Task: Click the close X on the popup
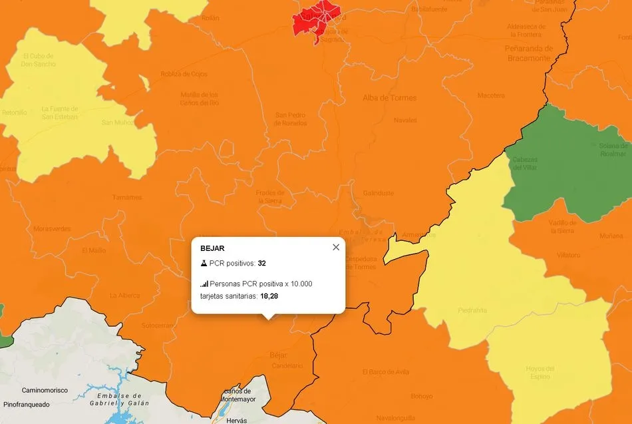click(336, 247)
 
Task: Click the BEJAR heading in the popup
click(212, 248)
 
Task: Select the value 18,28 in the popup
click(269, 296)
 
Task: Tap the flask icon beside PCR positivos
click(204, 264)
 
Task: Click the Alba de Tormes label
click(389, 98)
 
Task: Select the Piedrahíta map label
click(472, 310)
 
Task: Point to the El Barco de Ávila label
click(386, 371)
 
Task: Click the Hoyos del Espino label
click(540, 373)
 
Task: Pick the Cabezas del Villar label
click(525, 163)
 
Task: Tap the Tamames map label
click(127, 197)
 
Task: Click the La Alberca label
click(125, 296)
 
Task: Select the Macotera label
click(491, 96)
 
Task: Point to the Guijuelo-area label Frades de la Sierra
click(270, 196)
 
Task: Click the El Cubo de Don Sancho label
click(39, 60)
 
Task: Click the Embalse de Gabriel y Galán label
click(120, 399)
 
